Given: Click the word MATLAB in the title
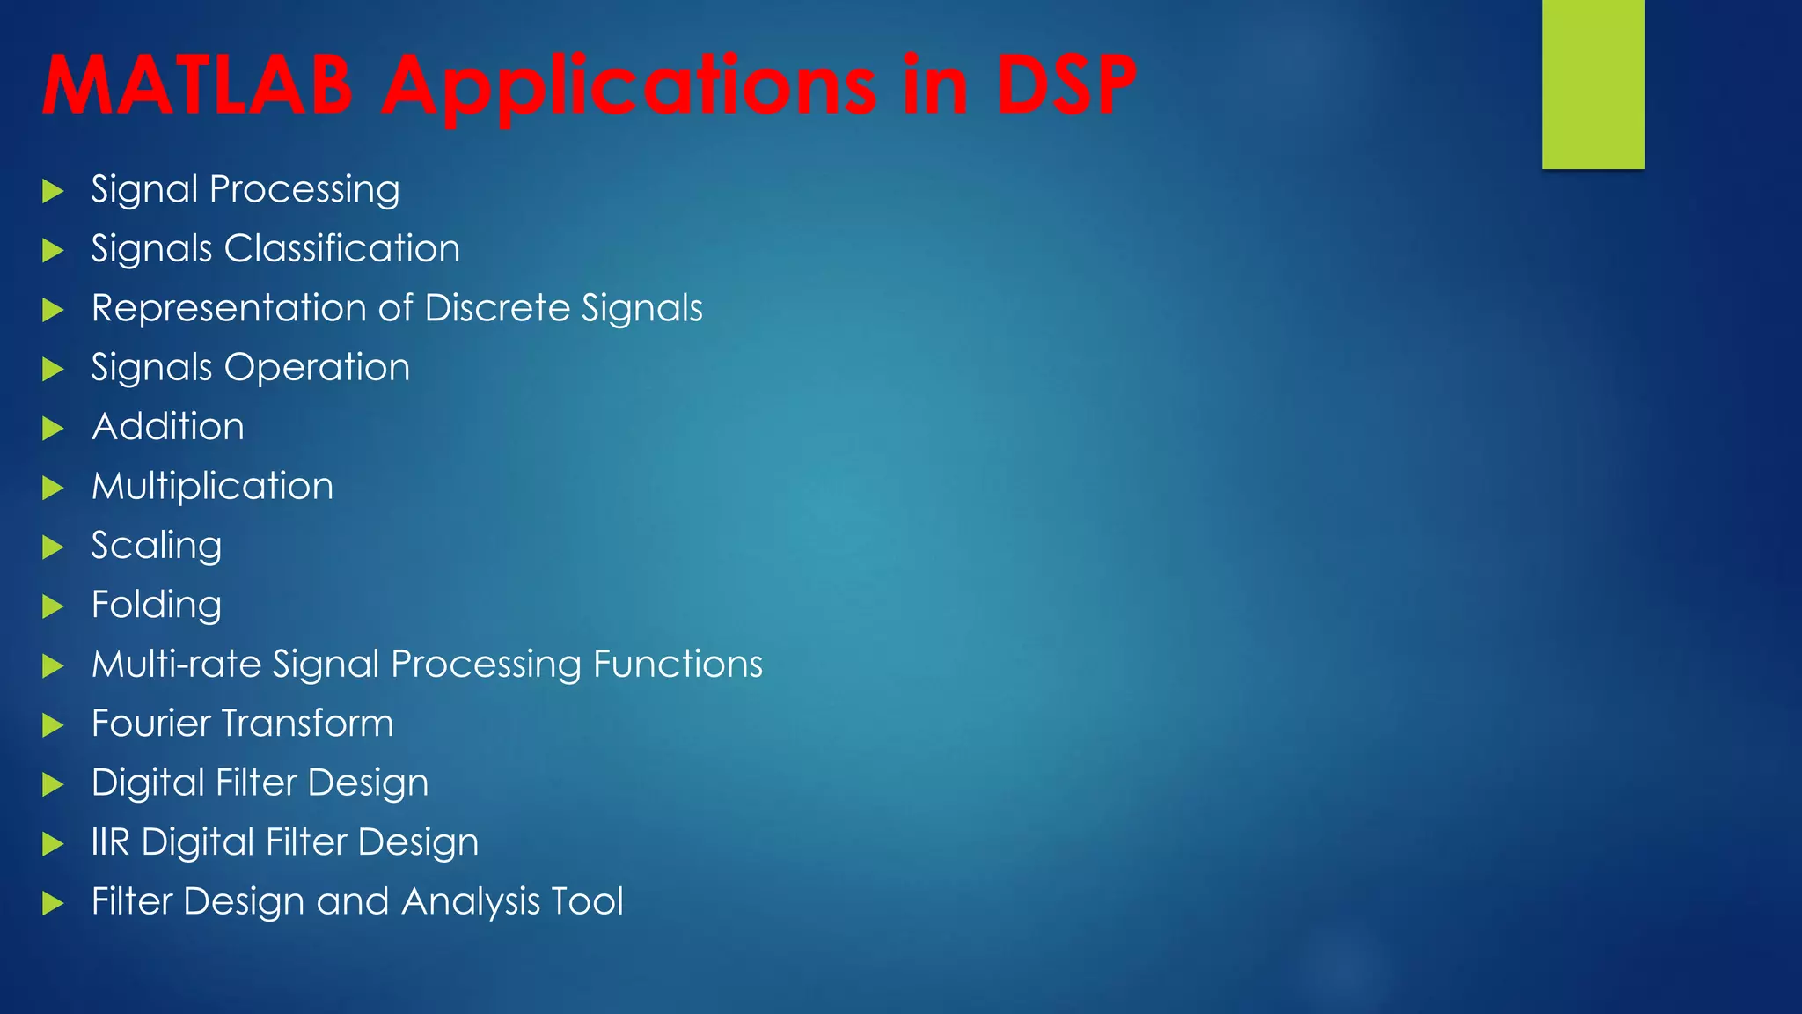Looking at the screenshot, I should [197, 85].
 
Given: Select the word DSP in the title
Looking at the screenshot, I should [1066, 85].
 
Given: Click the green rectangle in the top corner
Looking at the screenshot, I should [1593, 84].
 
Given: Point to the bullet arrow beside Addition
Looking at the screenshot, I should [53, 429].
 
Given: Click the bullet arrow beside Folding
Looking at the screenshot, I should [53, 606].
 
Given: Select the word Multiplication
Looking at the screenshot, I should [213, 487].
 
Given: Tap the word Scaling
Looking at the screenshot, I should [157, 547].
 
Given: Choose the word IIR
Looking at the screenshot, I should [111, 842].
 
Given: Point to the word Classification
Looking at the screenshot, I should [342, 249].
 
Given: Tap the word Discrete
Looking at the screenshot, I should [497, 308].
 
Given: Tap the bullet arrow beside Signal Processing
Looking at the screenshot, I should [53, 191].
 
